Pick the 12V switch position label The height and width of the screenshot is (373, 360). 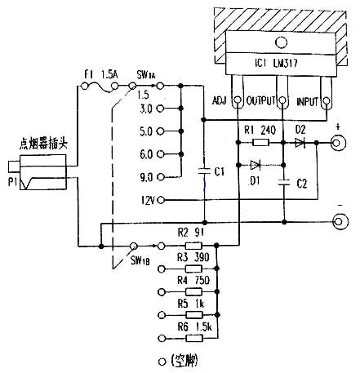pyautogui.click(x=147, y=198)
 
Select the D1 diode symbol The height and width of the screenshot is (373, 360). pyautogui.click(x=260, y=162)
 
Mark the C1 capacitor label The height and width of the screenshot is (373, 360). pyautogui.click(x=218, y=172)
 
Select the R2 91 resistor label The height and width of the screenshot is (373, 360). pyautogui.click(x=193, y=233)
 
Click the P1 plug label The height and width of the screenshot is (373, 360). pyautogui.click(x=10, y=180)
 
